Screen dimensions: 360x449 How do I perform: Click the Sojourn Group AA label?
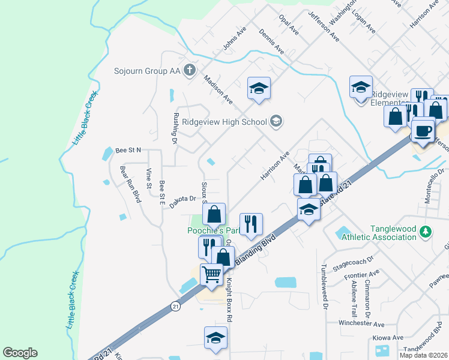[x=148, y=71]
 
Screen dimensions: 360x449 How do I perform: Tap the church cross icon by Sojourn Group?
[x=189, y=70]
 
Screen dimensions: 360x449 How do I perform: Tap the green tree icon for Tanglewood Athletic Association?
[x=426, y=231]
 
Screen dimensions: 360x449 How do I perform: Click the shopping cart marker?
[x=212, y=274]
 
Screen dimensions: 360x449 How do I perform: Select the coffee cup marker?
[x=423, y=130]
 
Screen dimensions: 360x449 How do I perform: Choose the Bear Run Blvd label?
[x=128, y=184]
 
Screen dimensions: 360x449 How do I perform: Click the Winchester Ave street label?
[x=361, y=323]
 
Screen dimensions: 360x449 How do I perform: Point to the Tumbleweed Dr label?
[x=324, y=286]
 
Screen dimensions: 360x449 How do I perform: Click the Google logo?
[x=20, y=353]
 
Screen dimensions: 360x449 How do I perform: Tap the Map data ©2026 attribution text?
[x=424, y=355]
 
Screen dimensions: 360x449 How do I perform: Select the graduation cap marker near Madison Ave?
[x=259, y=89]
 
